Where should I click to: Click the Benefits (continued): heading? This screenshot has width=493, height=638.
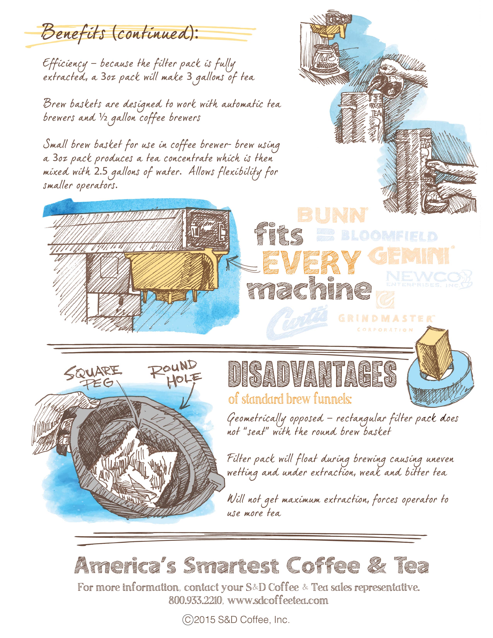tap(120, 33)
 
